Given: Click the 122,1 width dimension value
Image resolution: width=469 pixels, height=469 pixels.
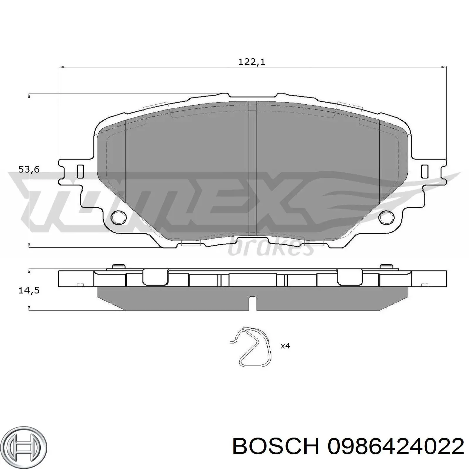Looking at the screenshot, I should tap(252, 62).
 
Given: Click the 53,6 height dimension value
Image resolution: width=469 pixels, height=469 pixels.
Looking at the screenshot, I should tap(29, 169).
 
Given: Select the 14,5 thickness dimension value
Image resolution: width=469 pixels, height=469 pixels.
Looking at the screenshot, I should tap(29, 290).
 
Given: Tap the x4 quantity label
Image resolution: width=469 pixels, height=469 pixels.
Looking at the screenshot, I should tap(285, 346).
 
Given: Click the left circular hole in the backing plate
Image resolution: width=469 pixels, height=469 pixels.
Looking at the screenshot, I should tap(118, 217).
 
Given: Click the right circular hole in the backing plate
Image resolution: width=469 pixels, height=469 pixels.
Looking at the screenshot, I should tap(386, 217).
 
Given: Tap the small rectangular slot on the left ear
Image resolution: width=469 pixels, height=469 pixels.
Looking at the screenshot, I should tap(80, 171).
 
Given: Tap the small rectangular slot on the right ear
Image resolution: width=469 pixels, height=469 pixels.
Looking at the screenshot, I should tap(424, 171).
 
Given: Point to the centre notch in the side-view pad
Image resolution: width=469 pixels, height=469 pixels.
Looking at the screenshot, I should tap(252, 303).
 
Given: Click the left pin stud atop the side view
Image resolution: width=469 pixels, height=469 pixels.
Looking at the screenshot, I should tap(119, 266).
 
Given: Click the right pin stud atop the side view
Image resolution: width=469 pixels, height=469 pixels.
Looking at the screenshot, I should tap(386, 266).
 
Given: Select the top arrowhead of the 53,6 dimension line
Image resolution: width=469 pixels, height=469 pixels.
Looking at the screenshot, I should tap(29, 96).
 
